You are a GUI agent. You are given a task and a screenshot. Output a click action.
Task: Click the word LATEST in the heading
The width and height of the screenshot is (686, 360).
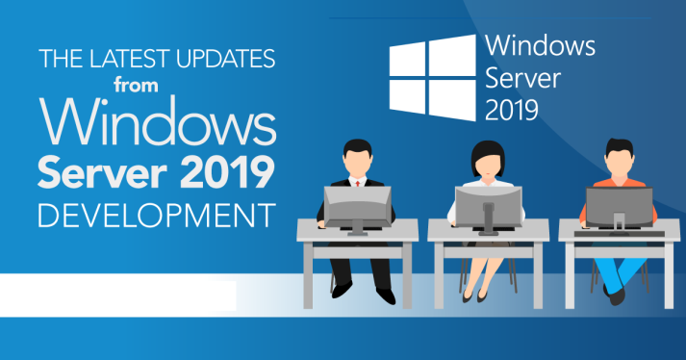click(117, 60)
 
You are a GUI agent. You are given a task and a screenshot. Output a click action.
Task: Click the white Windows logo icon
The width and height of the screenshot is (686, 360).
click(432, 76)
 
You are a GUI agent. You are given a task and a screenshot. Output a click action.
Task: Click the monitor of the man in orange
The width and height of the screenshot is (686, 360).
click(620, 205)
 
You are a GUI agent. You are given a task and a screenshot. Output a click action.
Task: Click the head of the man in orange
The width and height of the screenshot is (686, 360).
click(619, 157)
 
